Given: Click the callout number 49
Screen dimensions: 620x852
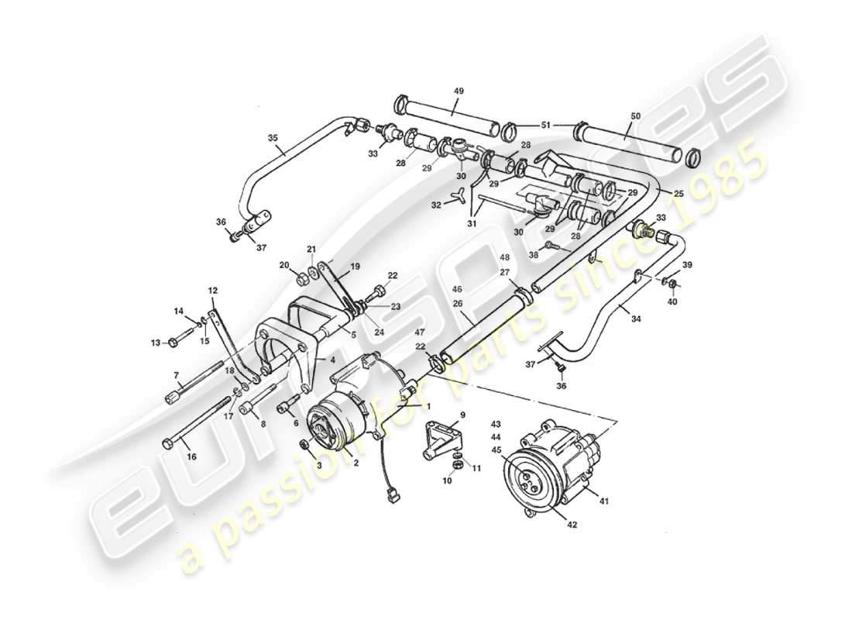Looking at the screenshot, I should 459,91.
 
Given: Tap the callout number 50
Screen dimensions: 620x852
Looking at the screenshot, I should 635,116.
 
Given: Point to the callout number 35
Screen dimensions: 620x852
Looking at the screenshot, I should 273,138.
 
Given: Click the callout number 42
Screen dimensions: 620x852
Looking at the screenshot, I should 572,525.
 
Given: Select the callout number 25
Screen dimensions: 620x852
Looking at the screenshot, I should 679,192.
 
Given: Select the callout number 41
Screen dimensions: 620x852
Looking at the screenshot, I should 603,501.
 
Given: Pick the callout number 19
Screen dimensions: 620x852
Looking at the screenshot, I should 356,266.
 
